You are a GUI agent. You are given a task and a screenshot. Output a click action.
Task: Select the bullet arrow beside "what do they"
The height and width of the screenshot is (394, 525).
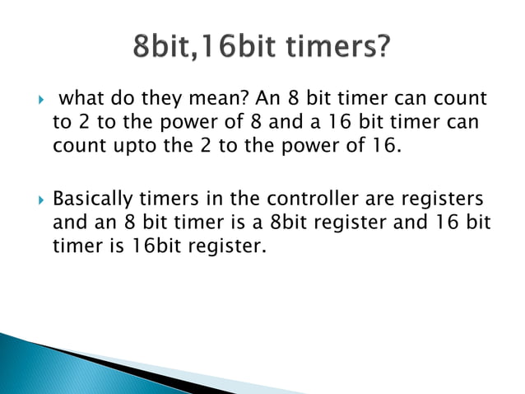click(32, 101)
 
